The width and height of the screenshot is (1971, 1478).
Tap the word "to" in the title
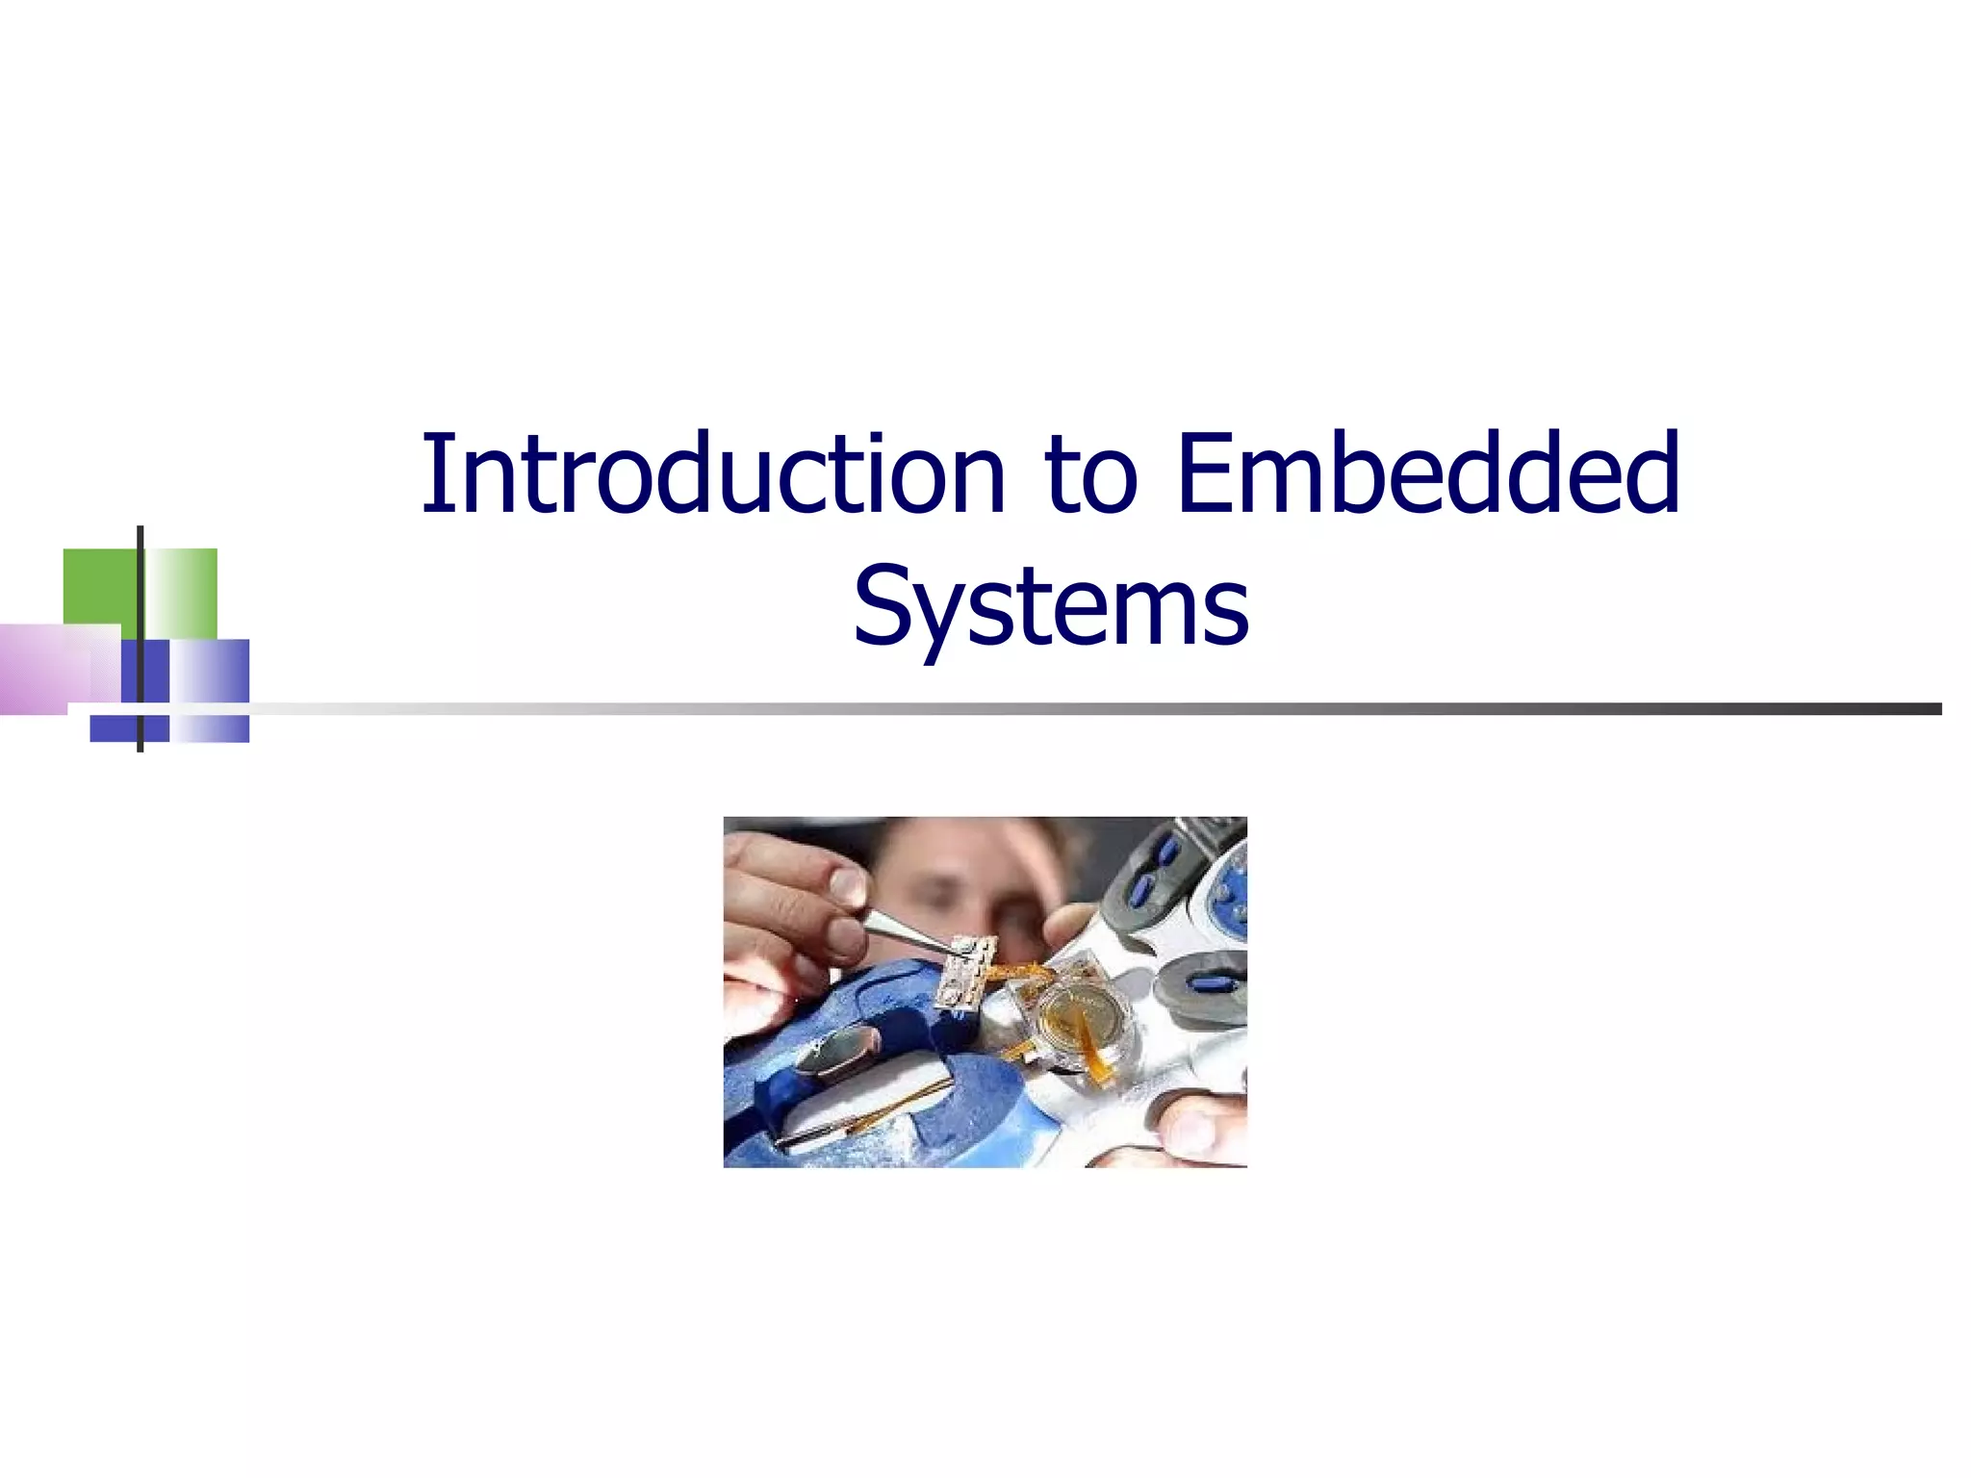[1090, 476]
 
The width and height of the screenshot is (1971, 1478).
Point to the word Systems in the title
[1051, 607]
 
